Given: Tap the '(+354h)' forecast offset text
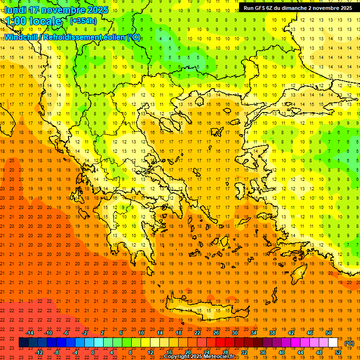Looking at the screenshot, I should (83, 21).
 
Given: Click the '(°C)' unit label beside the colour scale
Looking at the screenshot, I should (349, 343).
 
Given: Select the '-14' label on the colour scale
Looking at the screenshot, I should (31, 333).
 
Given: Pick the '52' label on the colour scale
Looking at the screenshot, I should (338, 352).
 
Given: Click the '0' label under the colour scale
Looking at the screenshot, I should (93, 352).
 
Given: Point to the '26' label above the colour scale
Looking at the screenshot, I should (216, 333).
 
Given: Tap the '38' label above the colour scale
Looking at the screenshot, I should (272, 333).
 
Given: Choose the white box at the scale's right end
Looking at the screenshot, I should (333, 343).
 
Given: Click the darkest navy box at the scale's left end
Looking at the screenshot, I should (23, 343).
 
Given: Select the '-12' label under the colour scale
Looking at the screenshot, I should (39, 352).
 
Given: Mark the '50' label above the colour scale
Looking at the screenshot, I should (328, 333).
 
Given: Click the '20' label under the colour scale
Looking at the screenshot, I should (187, 352).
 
